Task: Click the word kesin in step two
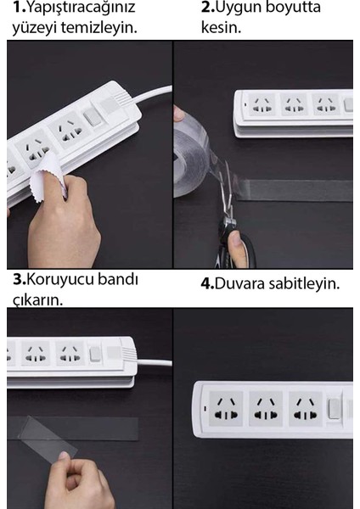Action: pos(221,27)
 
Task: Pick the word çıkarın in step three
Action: pos(36,299)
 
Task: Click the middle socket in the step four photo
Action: pos(266,408)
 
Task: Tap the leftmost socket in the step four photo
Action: pos(225,408)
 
